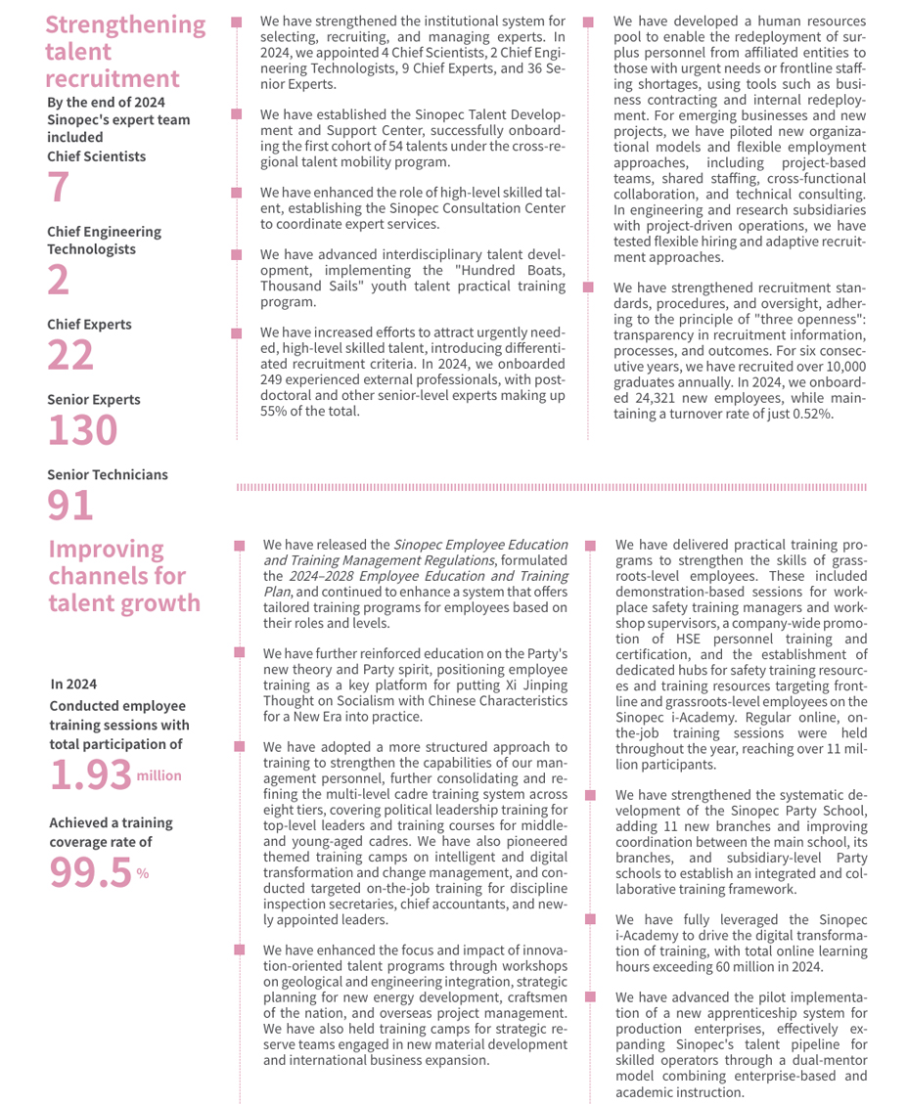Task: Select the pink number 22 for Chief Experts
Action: (x=71, y=354)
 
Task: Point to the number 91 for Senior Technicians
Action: (x=71, y=504)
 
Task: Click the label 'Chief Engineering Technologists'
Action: (x=105, y=241)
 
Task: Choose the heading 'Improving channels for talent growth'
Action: (x=124, y=575)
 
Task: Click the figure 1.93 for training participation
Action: (x=90, y=774)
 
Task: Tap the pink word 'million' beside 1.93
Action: (x=159, y=775)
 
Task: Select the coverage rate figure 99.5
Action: (x=90, y=872)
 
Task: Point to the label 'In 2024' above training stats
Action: (x=73, y=684)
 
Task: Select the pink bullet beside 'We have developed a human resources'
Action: (x=588, y=21)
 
